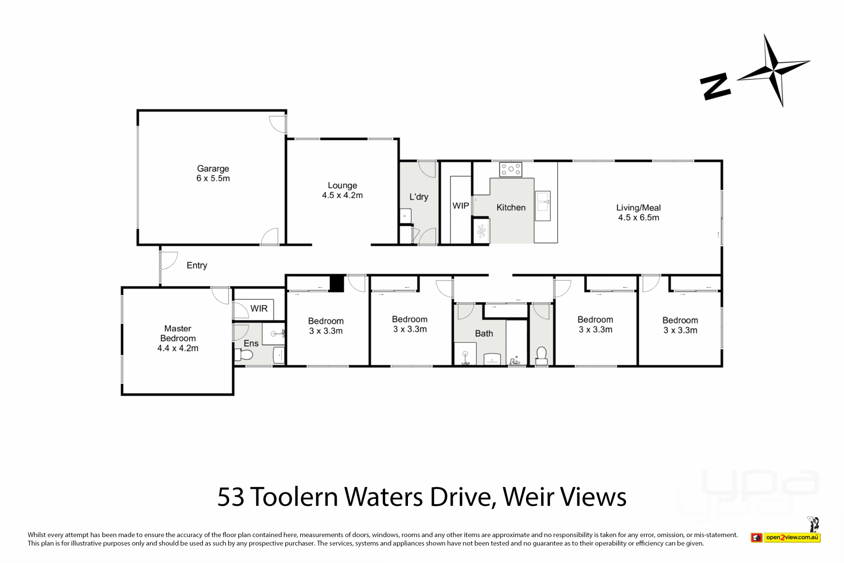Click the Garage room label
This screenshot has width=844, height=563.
point(213,173)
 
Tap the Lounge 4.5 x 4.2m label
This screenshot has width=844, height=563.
point(342,190)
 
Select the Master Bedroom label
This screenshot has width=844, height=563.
point(178,338)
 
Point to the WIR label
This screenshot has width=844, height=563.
point(259,308)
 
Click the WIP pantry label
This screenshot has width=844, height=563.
point(461,205)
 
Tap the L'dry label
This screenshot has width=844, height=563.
point(418,197)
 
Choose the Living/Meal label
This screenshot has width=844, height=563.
point(638,212)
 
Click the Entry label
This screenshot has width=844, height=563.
point(196,265)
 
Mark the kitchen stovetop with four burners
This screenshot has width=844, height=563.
point(510,169)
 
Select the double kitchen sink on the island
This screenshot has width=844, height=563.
point(542,206)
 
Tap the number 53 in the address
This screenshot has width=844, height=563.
point(231,497)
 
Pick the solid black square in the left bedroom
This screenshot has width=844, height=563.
point(337,283)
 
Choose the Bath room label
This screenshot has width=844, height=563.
point(484,333)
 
